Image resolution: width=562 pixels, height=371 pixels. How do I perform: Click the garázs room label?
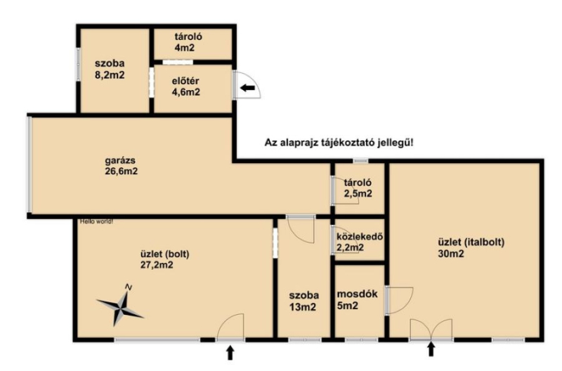(120, 161)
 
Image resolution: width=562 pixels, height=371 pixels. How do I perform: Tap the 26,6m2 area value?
(121, 171)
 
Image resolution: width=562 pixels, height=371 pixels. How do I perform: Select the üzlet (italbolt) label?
(471, 242)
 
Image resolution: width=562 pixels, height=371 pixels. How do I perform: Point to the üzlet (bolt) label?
(164, 254)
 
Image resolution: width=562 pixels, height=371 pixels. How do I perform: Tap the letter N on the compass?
(129, 287)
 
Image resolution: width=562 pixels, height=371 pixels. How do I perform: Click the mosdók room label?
(358, 294)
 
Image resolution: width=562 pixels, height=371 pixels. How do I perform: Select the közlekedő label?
(360, 237)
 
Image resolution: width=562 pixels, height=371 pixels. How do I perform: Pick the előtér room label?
(185, 81)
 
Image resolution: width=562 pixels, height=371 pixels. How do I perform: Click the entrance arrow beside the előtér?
(247, 87)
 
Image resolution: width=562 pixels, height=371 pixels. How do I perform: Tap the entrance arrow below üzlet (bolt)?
(230, 352)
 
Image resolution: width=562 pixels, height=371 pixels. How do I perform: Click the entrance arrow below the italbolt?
(431, 349)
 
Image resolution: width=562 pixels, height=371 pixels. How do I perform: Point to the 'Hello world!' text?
(96, 221)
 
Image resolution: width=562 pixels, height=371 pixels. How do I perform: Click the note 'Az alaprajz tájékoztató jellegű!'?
(339, 143)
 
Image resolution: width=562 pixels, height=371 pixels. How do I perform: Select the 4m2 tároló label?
(188, 42)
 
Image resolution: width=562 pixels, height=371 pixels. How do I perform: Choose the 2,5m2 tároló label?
(358, 188)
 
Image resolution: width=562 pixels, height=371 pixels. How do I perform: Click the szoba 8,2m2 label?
(110, 69)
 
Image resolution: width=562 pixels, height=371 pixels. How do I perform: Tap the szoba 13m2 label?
(304, 301)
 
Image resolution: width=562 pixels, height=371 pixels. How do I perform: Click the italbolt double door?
(431, 330)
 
